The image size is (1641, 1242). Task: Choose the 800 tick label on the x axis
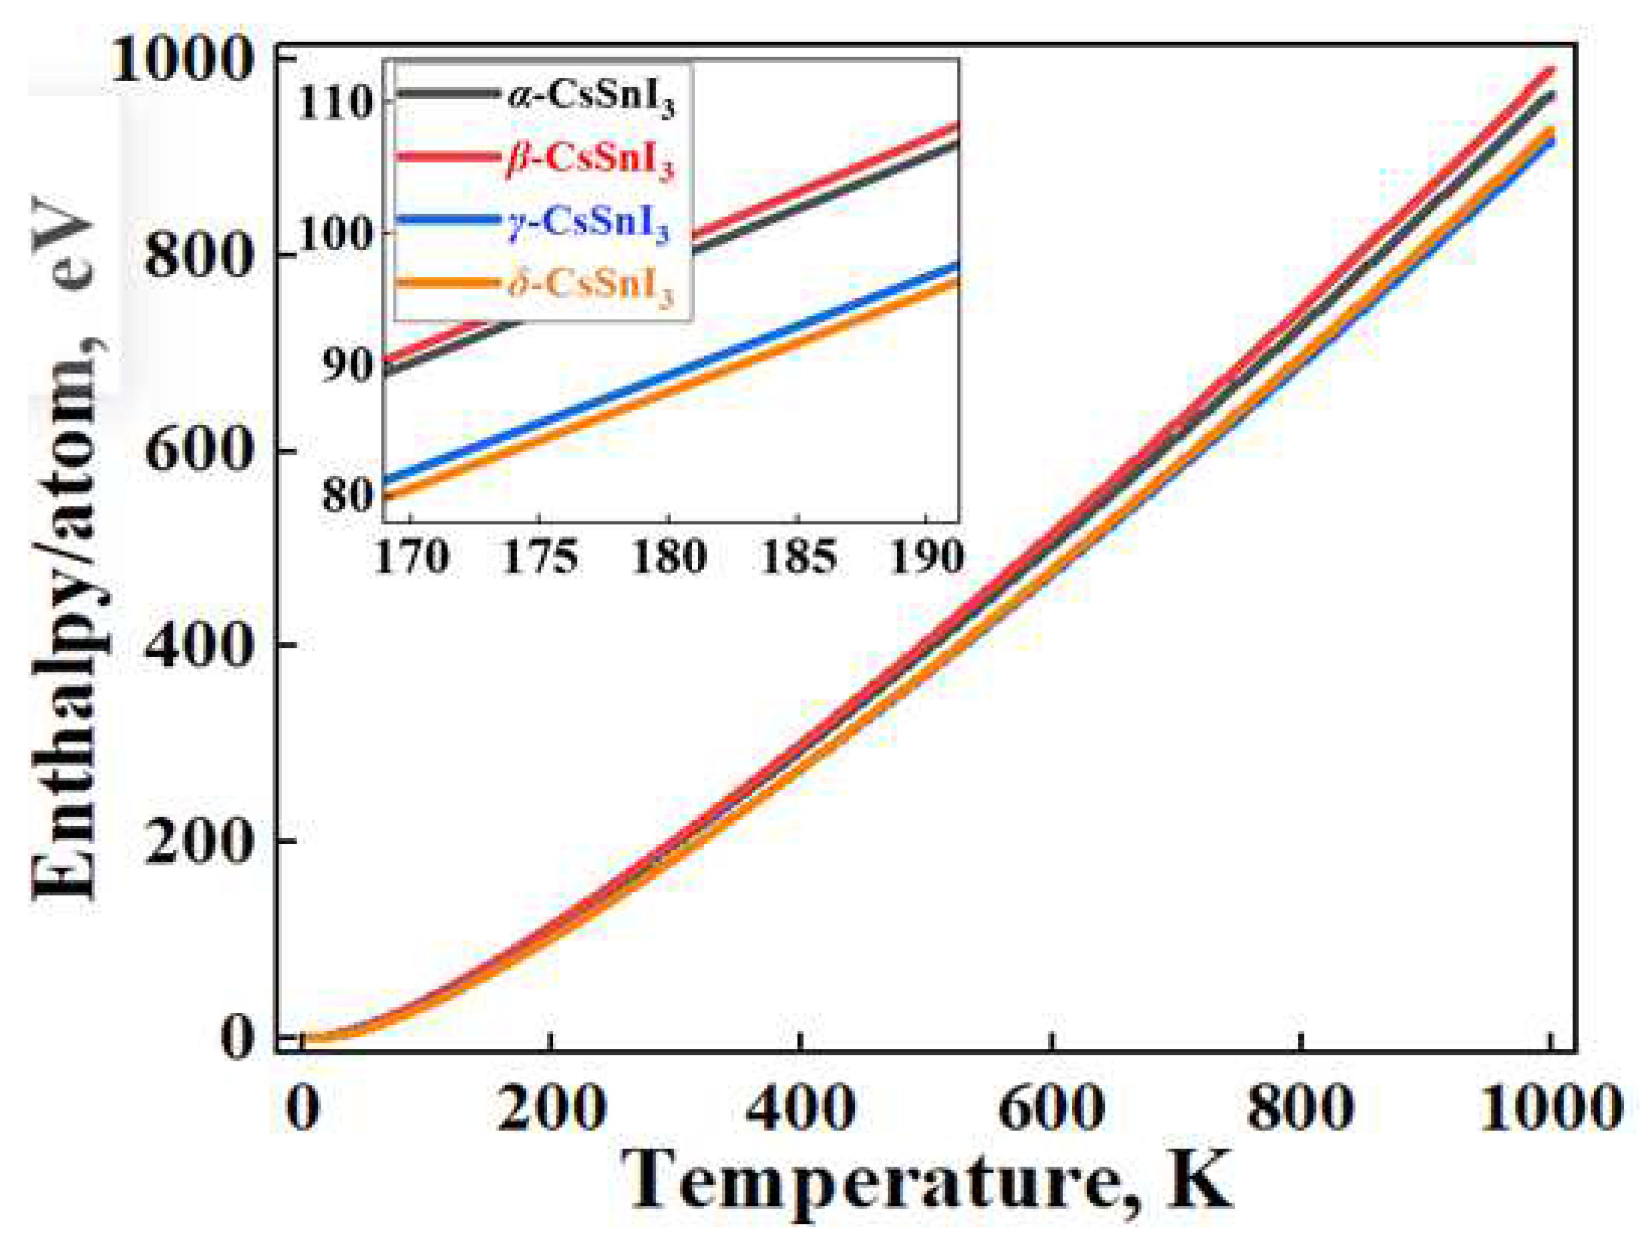pyautogui.click(x=1301, y=1108)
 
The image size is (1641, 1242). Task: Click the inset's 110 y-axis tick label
pyautogui.click(x=336, y=103)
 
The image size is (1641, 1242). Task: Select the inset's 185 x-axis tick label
pyautogui.click(x=798, y=555)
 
